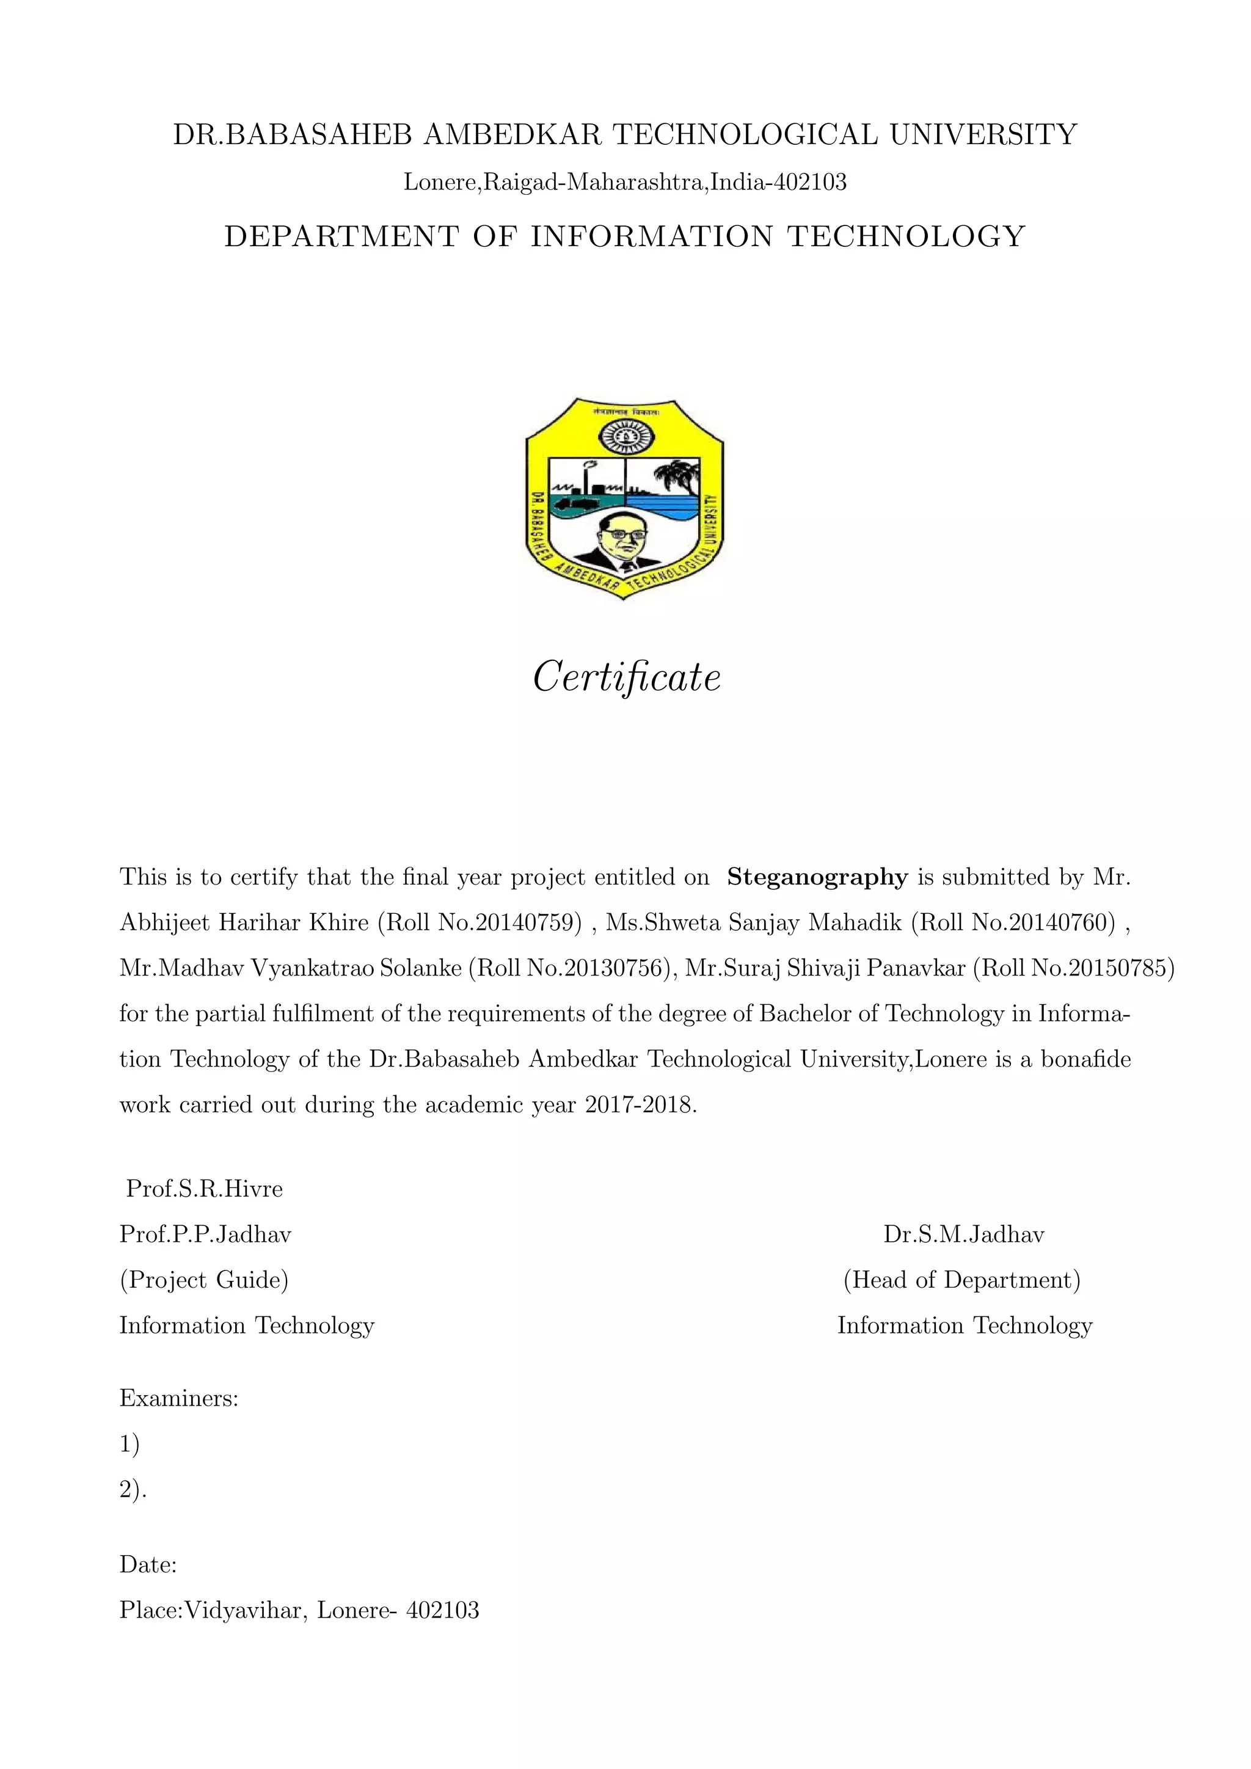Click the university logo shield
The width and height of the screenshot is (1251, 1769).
pos(625,499)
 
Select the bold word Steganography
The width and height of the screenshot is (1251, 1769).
pos(817,877)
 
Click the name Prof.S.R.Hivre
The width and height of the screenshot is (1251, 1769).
pos(204,1188)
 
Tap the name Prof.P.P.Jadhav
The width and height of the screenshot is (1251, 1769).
pos(205,1235)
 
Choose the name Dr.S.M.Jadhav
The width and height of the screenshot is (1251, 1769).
pos(964,1235)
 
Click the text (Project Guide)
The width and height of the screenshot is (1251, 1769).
pos(204,1280)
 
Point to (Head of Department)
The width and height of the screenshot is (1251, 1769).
pos(962,1280)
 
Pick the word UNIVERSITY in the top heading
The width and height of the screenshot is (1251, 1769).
pos(983,135)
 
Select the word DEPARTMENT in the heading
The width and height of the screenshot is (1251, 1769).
pos(341,236)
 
